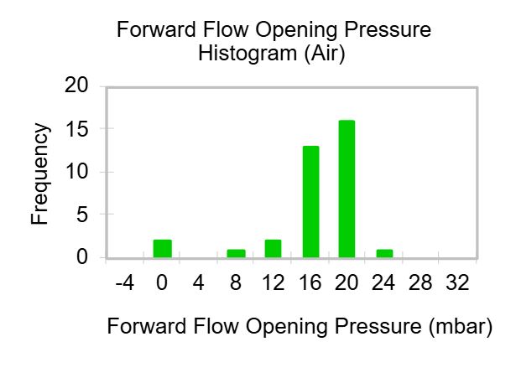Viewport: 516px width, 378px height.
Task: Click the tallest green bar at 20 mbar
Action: click(347, 189)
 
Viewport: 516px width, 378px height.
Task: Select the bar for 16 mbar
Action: click(311, 202)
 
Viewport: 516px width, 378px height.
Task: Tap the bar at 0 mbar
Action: click(163, 249)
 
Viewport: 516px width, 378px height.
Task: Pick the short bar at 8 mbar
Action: click(237, 254)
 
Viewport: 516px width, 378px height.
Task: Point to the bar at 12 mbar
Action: click(274, 249)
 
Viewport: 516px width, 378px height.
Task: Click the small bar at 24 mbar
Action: click(385, 254)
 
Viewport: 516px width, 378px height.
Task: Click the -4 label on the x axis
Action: click(125, 282)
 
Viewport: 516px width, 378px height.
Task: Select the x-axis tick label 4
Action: click(199, 282)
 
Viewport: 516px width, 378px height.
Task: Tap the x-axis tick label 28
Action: click(420, 282)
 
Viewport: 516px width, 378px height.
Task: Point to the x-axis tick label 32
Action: click(457, 282)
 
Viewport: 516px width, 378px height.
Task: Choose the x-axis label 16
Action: click(310, 282)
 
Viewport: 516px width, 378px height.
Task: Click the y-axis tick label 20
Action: click(76, 85)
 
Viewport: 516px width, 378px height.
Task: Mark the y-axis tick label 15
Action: click(77, 129)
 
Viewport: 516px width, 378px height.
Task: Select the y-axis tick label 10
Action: click(77, 172)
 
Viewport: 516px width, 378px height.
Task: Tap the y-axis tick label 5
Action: click(82, 215)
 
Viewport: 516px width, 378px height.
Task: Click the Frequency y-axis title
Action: click(39, 173)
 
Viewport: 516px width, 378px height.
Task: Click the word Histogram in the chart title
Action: click(248, 53)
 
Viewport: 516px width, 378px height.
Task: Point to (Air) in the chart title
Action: click(325, 53)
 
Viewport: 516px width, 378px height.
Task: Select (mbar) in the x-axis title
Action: click(461, 326)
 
